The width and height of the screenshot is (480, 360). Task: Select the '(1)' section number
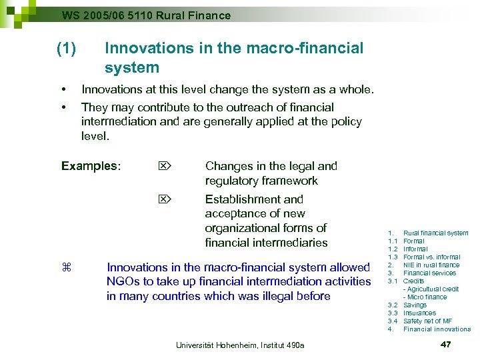[x=67, y=49]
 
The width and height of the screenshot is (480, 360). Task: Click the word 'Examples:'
[x=91, y=166]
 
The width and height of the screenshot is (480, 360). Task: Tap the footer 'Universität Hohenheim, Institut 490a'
[x=240, y=345]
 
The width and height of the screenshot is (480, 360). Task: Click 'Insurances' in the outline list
[x=419, y=313]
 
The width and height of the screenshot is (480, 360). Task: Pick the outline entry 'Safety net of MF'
[x=427, y=321]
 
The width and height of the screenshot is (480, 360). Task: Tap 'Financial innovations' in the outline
[x=437, y=329]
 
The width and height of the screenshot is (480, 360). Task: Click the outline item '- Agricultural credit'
[x=431, y=289]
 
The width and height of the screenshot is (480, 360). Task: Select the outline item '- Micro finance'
[x=425, y=297]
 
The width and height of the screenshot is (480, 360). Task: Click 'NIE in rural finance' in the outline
[x=431, y=265]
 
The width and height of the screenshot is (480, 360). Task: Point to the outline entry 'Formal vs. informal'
[x=431, y=257]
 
